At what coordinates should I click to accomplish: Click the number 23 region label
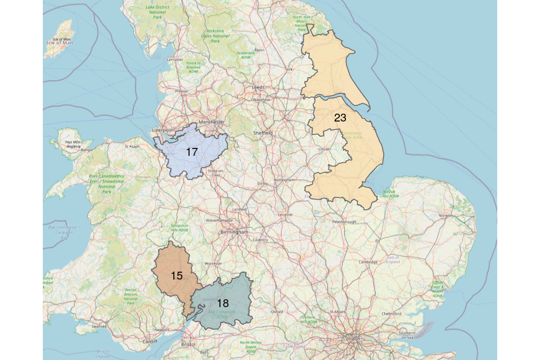click(340, 118)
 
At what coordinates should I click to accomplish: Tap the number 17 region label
click(192, 152)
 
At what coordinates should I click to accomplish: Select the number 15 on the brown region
click(177, 276)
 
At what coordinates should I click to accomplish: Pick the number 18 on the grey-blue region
click(223, 303)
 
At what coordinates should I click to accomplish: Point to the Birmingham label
click(234, 232)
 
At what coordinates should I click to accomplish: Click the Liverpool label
click(164, 130)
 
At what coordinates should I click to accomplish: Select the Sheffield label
click(263, 133)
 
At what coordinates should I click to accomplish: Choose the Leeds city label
click(258, 88)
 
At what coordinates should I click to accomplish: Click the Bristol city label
click(188, 344)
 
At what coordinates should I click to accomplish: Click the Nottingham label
click(284, 180)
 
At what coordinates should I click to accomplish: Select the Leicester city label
click(286, 214)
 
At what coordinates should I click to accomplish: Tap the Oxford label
click(277, 311)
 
